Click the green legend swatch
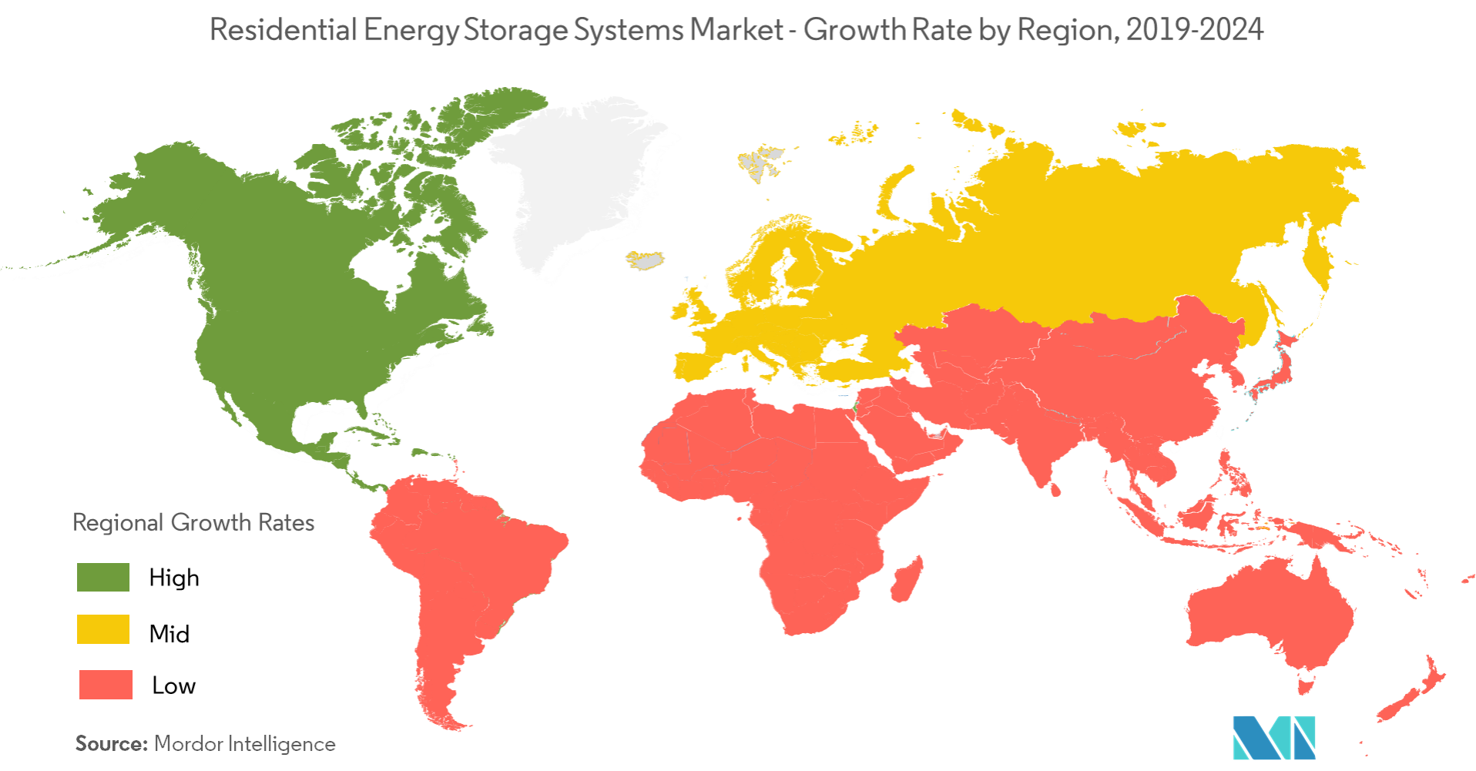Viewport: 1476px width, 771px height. coord(103,577)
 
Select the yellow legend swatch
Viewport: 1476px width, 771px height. coord(103,629)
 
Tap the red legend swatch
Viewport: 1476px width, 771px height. coord(106,684)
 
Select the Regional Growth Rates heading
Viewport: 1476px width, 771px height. coord(193,522)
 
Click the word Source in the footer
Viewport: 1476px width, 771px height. coord(111,744)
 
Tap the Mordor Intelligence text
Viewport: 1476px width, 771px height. coord(245,744)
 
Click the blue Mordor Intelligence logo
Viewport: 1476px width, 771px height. coord(1273,737)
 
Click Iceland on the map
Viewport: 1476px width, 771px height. coord(647,260)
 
